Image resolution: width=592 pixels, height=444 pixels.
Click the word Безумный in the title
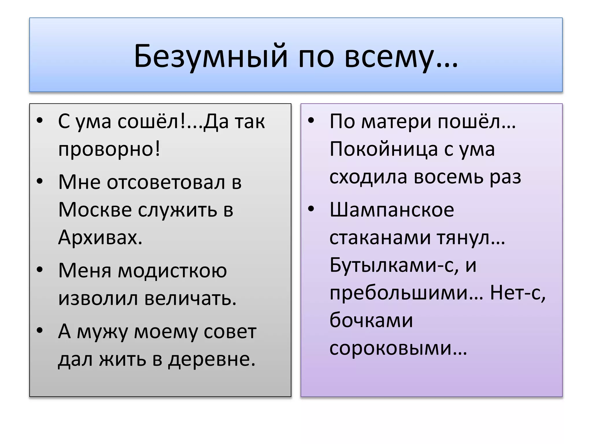pos(211,56)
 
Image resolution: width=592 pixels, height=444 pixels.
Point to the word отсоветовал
pos(166,183)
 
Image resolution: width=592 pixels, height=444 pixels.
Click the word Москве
pos(95,210)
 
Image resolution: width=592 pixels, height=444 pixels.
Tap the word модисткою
pos(172,271)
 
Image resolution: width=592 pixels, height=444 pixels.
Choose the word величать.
pos(190,298)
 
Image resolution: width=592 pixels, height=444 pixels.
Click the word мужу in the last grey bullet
pos(102,332)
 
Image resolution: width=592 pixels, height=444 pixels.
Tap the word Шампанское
pos(392,210)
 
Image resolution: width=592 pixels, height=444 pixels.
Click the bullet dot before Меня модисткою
pos(40,269)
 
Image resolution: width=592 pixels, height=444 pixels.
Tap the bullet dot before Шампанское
pos(311,209)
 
